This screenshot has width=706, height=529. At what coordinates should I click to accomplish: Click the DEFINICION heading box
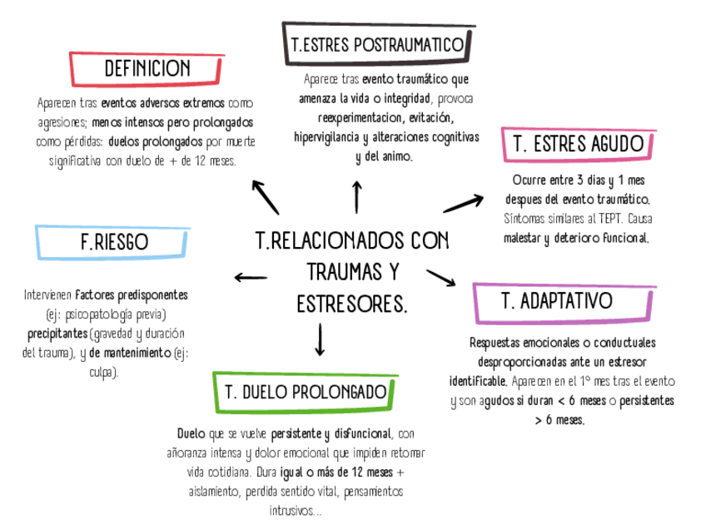pos(147,69)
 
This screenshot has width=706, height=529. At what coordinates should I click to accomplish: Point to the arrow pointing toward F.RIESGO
pos(251,277)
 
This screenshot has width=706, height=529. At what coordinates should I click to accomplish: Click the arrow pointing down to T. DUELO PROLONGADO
pos(320,339)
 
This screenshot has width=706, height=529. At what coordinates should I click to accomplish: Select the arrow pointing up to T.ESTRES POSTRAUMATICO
pos(357,197)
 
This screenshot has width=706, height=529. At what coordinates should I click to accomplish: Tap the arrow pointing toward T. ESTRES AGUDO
pos(463,203)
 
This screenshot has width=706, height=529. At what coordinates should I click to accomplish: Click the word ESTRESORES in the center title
pos(351,304)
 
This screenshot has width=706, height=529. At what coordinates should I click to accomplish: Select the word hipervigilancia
pos(328,137)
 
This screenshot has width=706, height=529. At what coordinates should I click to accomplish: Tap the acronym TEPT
pos(604,220)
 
